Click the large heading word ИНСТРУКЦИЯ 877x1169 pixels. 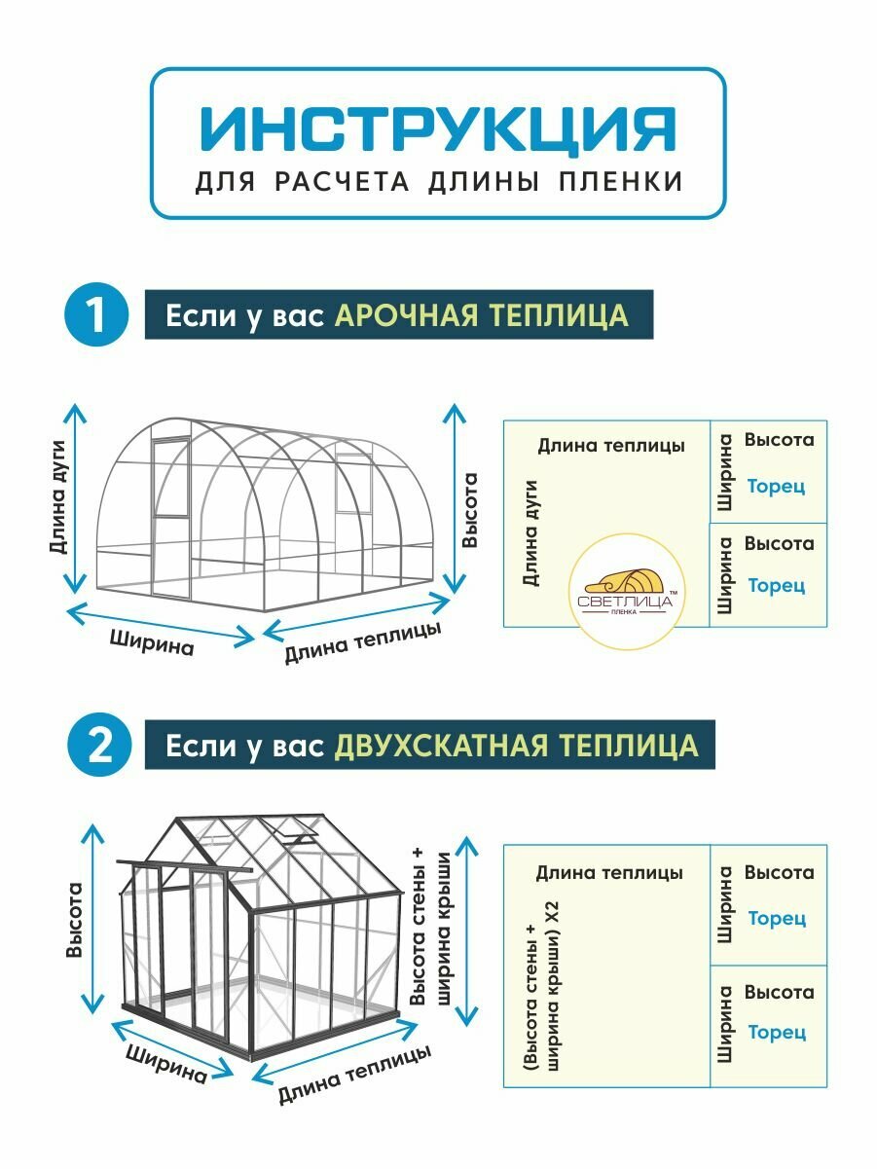click(x=438, y=128)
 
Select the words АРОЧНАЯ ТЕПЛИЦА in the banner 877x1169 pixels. click(x=482, y=315)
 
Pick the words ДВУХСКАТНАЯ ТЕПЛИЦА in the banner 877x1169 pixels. click(x=516, y=747)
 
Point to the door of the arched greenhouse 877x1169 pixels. click(x=171, y=477)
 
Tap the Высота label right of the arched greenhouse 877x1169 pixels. click(x=470, y=510)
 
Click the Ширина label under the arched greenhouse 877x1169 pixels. click(x=152, y=643)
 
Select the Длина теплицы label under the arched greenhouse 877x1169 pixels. click(x=362, y=642)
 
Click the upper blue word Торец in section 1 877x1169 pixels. click(x=776, y=487)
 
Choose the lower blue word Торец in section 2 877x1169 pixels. click(x=776, y=1032)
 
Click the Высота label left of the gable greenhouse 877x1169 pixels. click(x=74, y=919)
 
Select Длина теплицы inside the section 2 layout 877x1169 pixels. click(x=609, y=873)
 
